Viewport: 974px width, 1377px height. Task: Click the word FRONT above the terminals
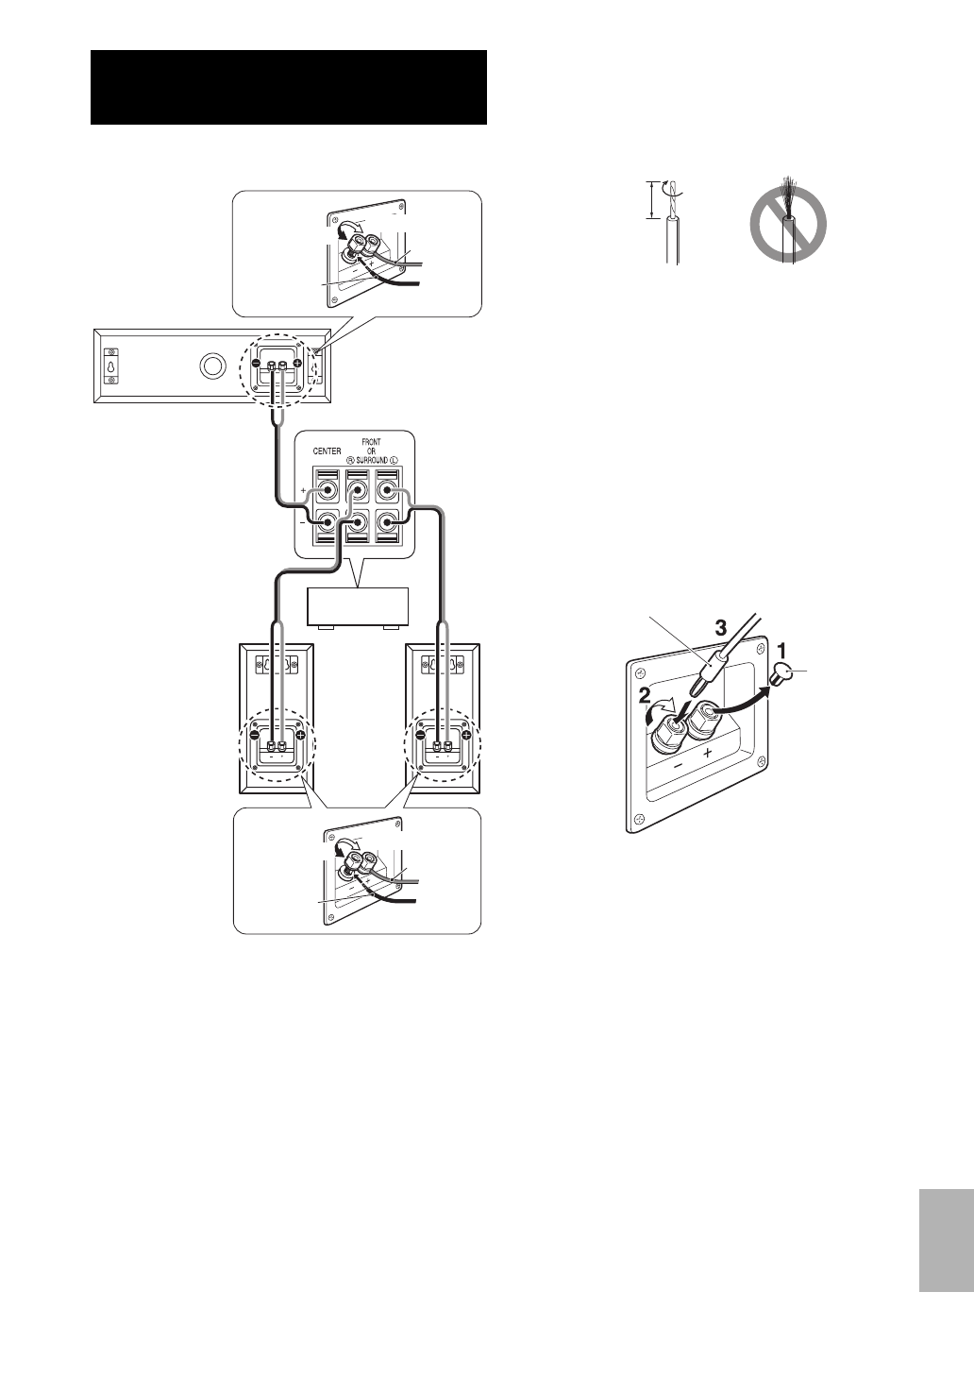(x=371, y=441)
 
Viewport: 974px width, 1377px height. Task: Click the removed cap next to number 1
(x=782, y=673)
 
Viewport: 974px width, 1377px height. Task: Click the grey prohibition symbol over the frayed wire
(x=788, y=224)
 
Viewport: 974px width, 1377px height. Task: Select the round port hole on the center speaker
(x=211, y=365)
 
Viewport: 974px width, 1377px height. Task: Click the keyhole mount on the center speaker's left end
(x=111, y=365)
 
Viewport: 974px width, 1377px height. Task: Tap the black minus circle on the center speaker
(x=256, y=365)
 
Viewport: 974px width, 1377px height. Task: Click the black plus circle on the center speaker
(x=298, y=365)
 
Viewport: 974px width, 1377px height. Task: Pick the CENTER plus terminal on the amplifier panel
(x=327, y=492)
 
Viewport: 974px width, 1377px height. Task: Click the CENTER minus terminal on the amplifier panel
(x=327, y=522)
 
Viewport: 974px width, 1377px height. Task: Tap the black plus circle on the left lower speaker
(x=300, y=735)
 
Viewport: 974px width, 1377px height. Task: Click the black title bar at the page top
(x=289, y=87)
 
